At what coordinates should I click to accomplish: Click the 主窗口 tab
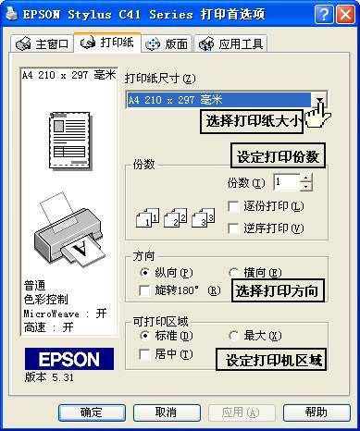point(43,43)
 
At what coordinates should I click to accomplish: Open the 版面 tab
point(167,43)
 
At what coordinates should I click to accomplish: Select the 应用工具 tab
point(230,43)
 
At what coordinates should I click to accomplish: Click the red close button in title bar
point(345,15)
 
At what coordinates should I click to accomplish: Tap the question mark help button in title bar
point(324,15)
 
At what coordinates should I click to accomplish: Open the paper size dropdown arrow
point(320,100)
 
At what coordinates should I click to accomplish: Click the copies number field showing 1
point(287,182)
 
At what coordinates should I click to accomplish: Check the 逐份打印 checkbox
point(233,206)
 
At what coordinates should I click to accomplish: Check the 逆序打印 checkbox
point(233,228)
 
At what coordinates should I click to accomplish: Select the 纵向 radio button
point(144,273)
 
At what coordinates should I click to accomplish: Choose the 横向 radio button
point(233,273)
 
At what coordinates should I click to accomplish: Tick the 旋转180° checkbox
point(144,290)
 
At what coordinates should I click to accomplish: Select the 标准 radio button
point(144,335)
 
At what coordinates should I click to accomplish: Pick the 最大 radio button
point(233,335)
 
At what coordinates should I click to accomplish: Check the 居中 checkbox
point(144,354)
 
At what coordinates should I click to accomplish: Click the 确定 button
point(92,413)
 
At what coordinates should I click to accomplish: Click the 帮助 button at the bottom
point(317,413)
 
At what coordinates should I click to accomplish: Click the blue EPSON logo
point(69,359)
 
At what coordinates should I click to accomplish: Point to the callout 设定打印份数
point(278,155)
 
